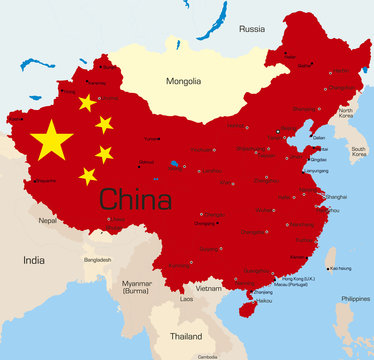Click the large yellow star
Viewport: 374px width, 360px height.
51,140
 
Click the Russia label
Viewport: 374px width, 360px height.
251,29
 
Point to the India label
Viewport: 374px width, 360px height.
34,260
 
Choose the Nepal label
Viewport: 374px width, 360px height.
47,220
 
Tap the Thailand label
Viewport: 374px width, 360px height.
186,336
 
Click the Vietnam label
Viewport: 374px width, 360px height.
209,288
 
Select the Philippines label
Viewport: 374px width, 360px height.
354,298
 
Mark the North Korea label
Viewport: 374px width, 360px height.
346,114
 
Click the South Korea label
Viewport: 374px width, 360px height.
358,153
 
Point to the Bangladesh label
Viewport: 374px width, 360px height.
98,259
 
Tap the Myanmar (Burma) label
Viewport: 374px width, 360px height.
136,287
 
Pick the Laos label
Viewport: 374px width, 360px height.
187,298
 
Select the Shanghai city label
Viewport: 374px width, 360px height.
336,197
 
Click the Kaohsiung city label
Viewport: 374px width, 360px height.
340,268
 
